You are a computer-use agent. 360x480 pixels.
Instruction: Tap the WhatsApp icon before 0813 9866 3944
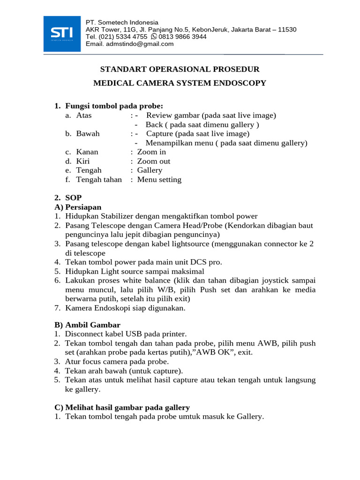pos(154,37)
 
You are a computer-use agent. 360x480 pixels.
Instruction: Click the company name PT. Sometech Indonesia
pos(122,22)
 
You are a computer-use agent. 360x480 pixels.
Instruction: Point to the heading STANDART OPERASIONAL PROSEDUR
pos(180,69)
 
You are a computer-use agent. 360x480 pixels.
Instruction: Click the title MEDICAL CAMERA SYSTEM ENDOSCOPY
pos(180,83)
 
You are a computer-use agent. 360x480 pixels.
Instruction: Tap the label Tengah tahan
pos(99,180)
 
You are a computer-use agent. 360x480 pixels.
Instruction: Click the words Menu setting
pos(159,180)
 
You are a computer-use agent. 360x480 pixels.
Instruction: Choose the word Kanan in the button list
pos(87,152)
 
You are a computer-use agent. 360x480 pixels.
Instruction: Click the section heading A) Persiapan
pos(78,207)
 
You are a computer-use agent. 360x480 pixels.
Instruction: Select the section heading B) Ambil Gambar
pos(87,325)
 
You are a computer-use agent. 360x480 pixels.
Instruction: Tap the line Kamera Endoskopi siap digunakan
pos(125,308)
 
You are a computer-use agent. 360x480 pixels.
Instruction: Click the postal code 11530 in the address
pos(287,30)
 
